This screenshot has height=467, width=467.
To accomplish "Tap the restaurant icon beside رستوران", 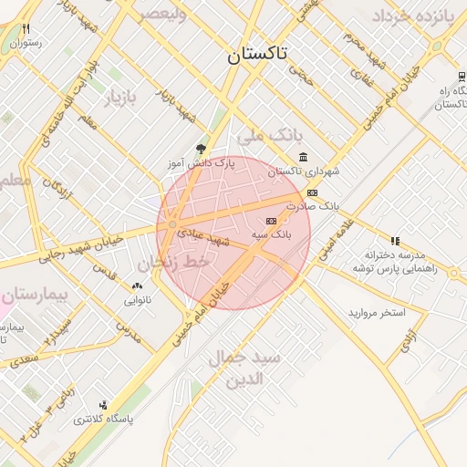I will pyautogui.click(x=26, y=29).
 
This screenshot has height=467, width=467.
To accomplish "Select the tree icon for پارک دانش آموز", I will pyautogui.click(x=201, y=150).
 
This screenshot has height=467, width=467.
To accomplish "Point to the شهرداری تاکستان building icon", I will pyautogui.click(x=303, y=157).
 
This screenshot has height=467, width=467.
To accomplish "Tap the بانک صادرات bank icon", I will pyautogui.click(x=313, y=192).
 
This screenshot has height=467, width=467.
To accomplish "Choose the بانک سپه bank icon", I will pyautogui.click(x=271, y=221).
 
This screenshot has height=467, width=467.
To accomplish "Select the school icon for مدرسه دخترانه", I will pyautogui.click(x=395, y=241).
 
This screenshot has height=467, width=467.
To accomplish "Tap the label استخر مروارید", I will pyautogui.click(x=376, y=312).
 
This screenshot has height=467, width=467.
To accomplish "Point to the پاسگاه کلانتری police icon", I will pyautogui.click(x=103, y=405).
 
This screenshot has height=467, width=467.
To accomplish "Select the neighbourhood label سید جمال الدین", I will pyautogui.click(x=244, y=367).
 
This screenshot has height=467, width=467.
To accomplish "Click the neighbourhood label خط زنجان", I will pyautogui.click(x=173, y=264).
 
